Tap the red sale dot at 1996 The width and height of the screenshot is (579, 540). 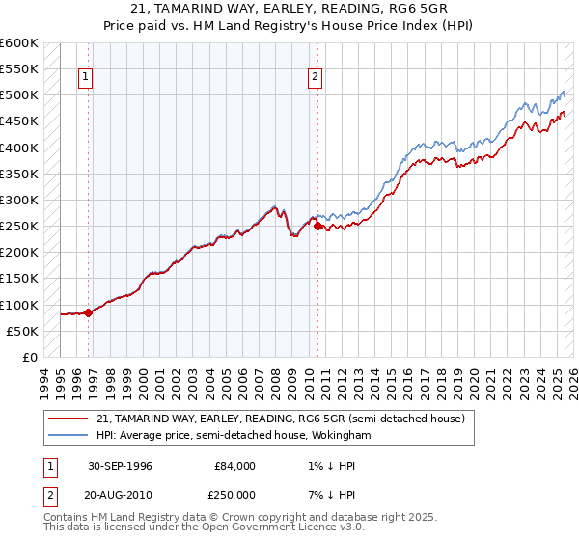click(88, 311)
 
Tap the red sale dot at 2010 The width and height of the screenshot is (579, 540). click(317, 227)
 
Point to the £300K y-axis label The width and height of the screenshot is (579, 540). click(19, 200)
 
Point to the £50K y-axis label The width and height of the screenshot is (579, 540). click(23, 331)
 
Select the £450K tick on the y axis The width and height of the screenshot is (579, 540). click(19, 121)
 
